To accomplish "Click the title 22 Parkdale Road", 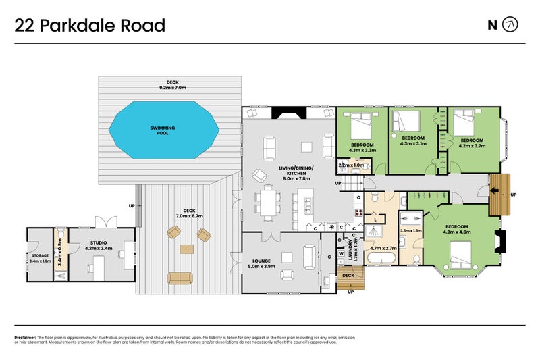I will [x=90, y=26].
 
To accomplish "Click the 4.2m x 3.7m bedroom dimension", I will [x=473, y=144].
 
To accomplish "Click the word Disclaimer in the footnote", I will [x=25, y=336].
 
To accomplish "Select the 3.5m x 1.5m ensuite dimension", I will [x=411, y=230].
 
